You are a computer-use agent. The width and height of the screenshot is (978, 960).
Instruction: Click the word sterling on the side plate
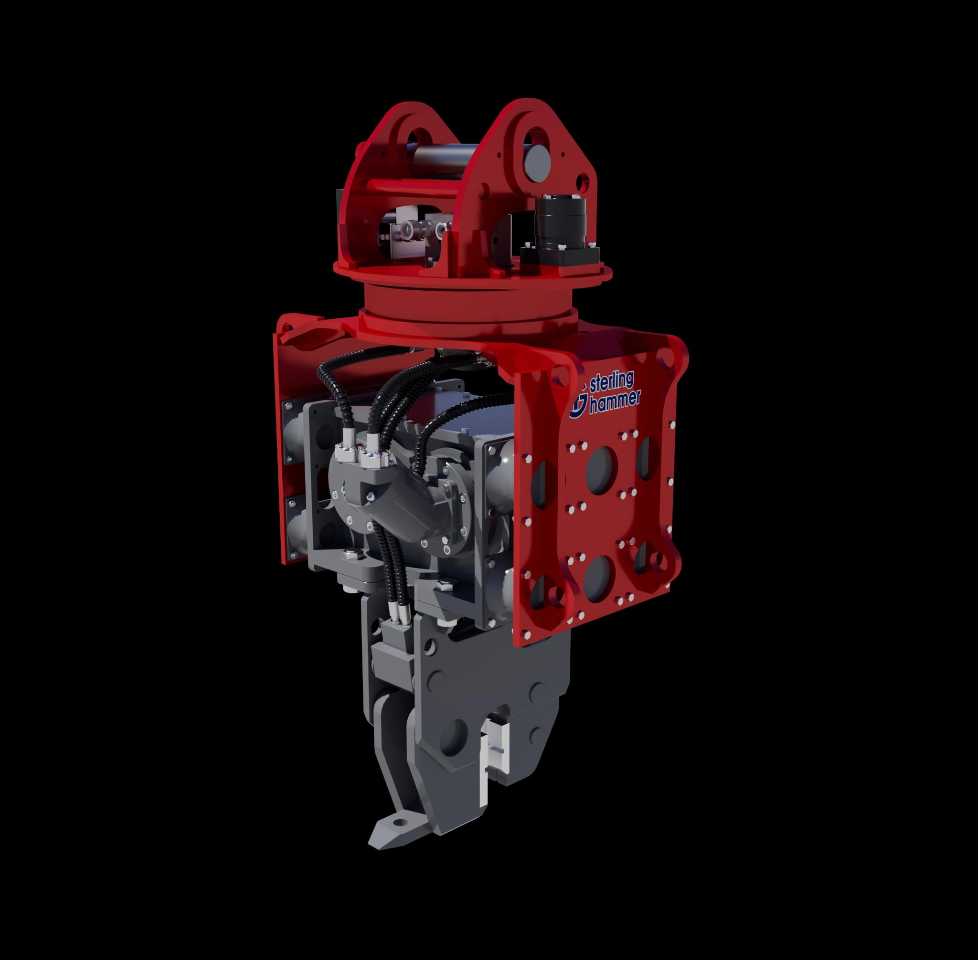tap(612, 384)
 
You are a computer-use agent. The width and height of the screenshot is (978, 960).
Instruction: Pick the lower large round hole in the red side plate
tap(600, 575)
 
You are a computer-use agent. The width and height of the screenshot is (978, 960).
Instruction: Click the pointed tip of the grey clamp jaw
tap(371, 843)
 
